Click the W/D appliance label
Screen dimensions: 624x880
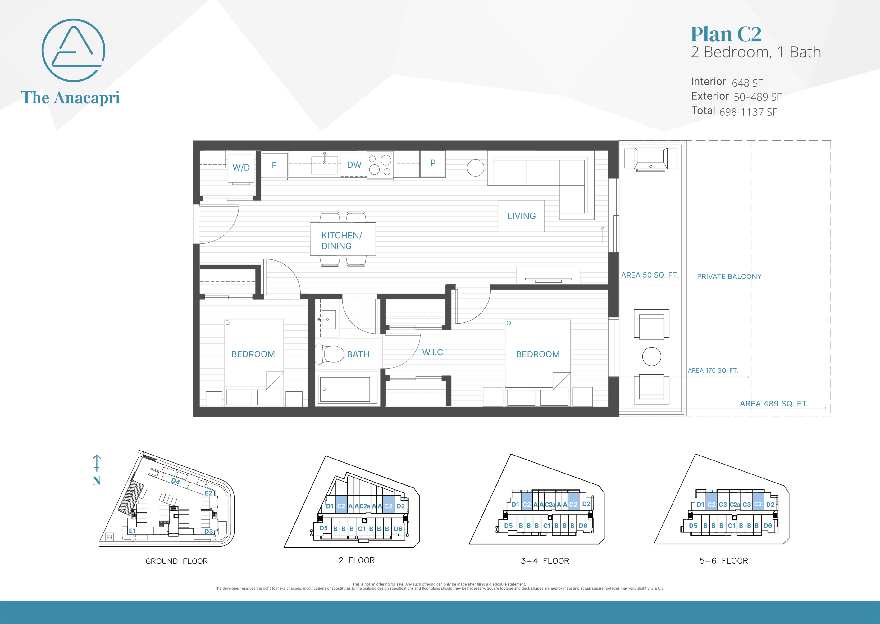[241, 168]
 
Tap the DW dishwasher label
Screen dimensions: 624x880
[354, 165]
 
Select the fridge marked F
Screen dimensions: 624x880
[274, 165]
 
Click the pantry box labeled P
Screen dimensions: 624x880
[433, 163]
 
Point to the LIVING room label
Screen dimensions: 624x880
[521, 216]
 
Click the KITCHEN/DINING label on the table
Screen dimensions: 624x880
[342, 240]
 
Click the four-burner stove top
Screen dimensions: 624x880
[380, 165]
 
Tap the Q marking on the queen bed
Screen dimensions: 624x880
[508, 323]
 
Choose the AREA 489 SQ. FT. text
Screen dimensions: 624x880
[774, 403]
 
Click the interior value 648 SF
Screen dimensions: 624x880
[747, 83]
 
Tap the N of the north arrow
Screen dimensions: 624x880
[97, 480]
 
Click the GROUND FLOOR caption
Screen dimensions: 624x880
[176, 561]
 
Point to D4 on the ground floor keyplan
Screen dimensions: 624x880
[176, 481]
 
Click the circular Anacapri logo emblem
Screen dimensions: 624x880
[73, 50]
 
